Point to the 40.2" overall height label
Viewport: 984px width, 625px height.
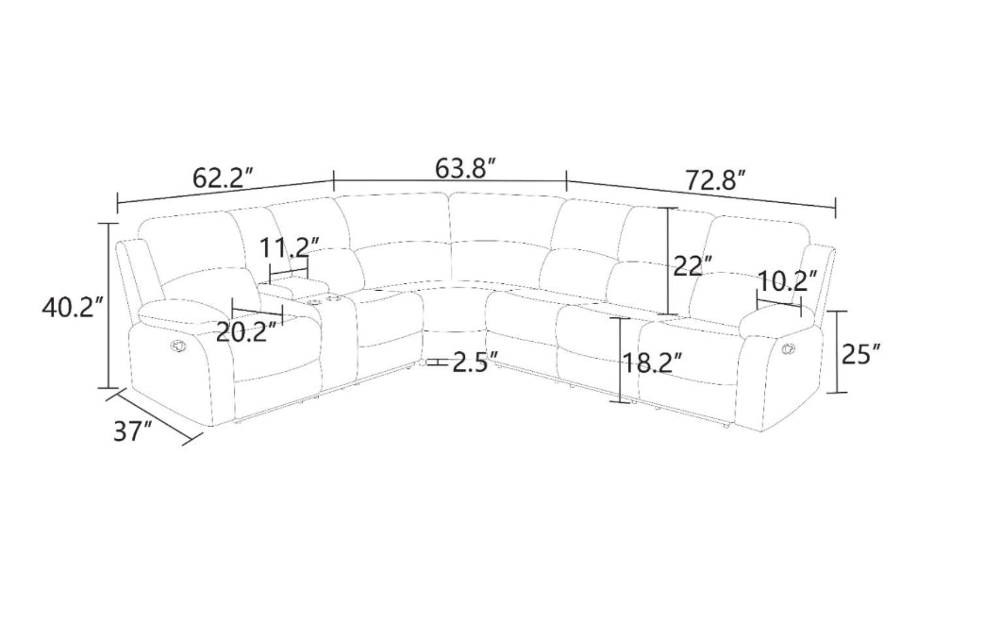pyautogui.click(x=67, y=307)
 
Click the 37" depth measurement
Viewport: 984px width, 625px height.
pyautogui.click(x=133, y=431)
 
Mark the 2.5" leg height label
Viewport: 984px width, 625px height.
pyautogui.click(x=475, y=363)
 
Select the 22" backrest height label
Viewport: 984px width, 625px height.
pyautogui.click(x=693, y=265)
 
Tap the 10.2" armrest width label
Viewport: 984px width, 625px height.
pyautogui.click(x=786, y=280)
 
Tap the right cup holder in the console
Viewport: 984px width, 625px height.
pyautogui.click(x=332, y=299)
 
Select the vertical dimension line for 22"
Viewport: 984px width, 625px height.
pyautogui.click(x=668, y=261)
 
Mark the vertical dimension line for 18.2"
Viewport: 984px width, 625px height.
pyautogui.click(x=620, y=361)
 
